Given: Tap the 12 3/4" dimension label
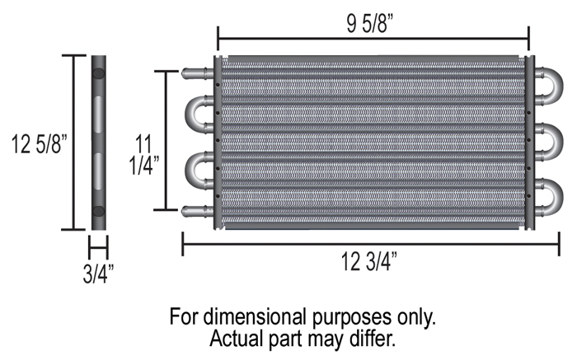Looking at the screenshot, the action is pos(369,261).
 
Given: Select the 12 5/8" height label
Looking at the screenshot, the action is pos(40,144).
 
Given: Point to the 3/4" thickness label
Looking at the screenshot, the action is pos(98,274).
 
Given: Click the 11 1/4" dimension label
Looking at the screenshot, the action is pos(144,154).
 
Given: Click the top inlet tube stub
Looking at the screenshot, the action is pos(198,72).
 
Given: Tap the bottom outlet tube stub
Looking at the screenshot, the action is pos(198,211).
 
